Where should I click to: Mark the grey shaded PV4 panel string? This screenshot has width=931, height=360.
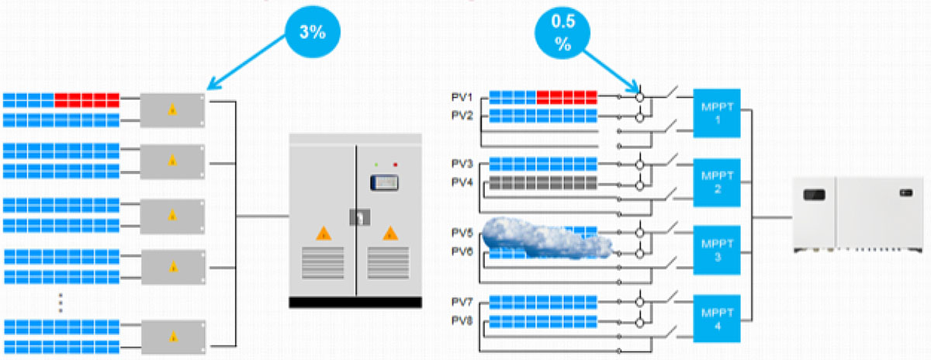pyautogui.click(x=543, y=184)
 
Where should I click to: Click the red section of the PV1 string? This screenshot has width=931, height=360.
pyautogui.click(x=566, y=98)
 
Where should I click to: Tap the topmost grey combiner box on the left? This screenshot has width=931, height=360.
pyautogui.click(x=173, y=110)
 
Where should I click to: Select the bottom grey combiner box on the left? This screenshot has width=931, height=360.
pyautogui.click(x=173, y=335)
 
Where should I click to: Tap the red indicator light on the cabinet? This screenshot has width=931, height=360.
pyautogui.click(x=395, y=164)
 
